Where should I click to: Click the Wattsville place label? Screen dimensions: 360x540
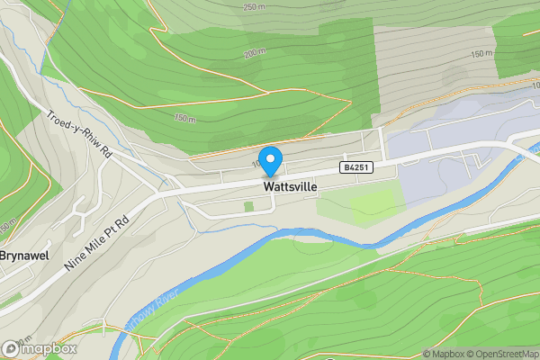[x=290, y=186]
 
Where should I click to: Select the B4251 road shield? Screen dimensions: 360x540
[x=355, y=167]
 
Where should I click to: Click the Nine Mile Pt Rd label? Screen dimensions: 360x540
[x=101, y=237]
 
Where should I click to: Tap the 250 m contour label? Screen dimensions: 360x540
[x=255, y=7]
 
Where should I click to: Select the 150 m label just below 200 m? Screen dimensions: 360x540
[x=184, y=118]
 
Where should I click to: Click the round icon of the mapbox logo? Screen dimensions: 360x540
[x=12, y=348]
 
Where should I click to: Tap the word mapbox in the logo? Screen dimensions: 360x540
[x=49, y=348]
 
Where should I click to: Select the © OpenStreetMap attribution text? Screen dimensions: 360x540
[x=501, y=353]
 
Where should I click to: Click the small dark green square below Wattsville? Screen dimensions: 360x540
[x=248, y=207]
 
